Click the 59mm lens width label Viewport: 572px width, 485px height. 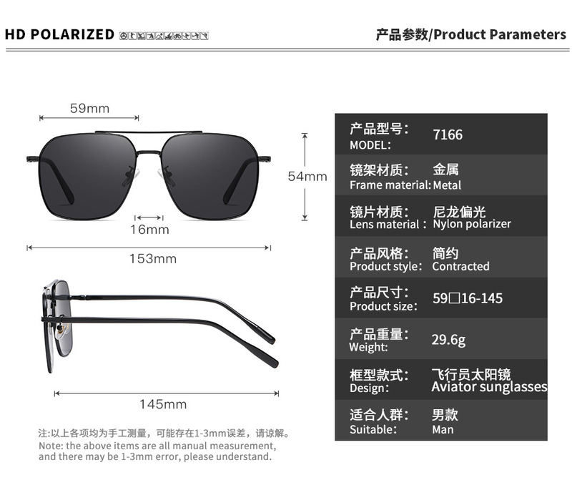point(89,108)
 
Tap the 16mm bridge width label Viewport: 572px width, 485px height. point(149,230)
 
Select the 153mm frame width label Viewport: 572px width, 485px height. point(152,258)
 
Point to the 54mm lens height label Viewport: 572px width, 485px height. point(307,176)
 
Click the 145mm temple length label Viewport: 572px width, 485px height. point(163,404)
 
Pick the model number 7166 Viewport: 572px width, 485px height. point(448,134)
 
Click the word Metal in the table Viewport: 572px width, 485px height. point(447,185)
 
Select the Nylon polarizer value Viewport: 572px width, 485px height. point(472,224)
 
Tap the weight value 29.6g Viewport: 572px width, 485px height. point(448,339)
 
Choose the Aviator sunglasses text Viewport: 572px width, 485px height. point(489,387)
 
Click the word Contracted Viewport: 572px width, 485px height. point(460,266)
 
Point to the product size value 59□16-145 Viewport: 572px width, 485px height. point(468,298)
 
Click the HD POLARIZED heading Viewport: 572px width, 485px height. point(59,34)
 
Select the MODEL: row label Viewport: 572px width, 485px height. point(370,145)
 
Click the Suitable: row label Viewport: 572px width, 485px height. point(373,429)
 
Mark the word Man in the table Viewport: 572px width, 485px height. point(443,429)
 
